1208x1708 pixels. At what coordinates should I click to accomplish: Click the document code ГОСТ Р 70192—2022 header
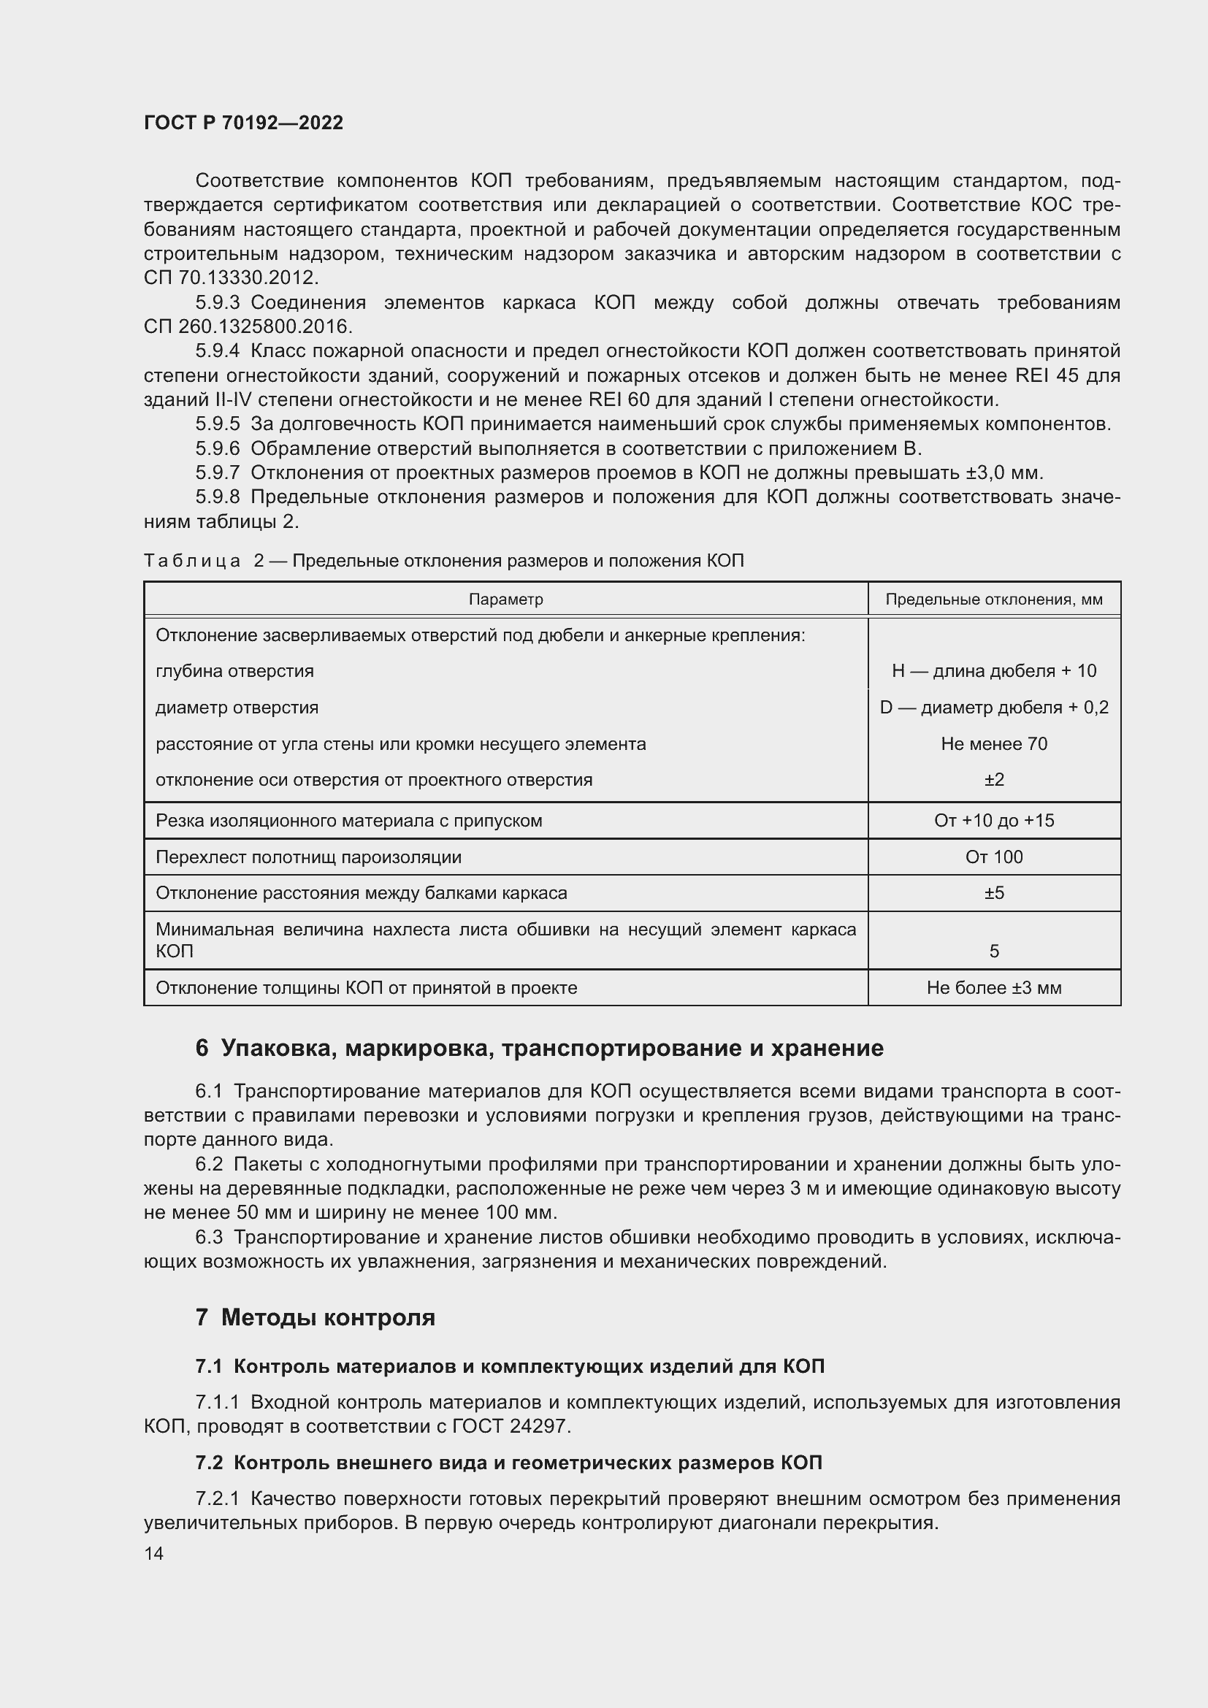[x=243, y=123]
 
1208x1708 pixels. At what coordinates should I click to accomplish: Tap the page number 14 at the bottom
[x=154, y=1553]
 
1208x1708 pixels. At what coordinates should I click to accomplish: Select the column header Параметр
[x=506, y=599]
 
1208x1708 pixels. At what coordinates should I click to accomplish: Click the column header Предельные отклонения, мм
[x=994, y=599]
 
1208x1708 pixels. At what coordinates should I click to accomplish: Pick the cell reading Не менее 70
[x=994, y=744]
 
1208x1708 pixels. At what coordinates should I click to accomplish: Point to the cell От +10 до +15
[x=994, y=821]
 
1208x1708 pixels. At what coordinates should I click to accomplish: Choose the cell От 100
[x=994, y=857]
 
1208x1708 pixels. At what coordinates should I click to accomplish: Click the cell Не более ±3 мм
[x=994, y=988]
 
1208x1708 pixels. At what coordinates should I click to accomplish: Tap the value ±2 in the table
[x=994, y=780]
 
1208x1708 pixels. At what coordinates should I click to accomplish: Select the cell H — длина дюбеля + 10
[x=994, y=671]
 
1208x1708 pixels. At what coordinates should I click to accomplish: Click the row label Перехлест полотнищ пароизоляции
[x=308, y=857]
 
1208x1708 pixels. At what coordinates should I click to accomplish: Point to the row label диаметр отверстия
[x=237, y=708]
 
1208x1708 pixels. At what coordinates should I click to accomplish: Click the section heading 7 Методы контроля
[x=315, y=1317]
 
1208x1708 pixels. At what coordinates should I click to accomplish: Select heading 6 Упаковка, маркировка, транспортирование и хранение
[x=539, y=1048]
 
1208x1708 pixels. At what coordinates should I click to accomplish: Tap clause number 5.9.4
[x=217, y=351]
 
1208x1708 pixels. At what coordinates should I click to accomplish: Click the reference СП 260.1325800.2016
[x=248, y=326]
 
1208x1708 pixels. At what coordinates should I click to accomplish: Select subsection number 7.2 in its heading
[x=209, y=1463]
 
